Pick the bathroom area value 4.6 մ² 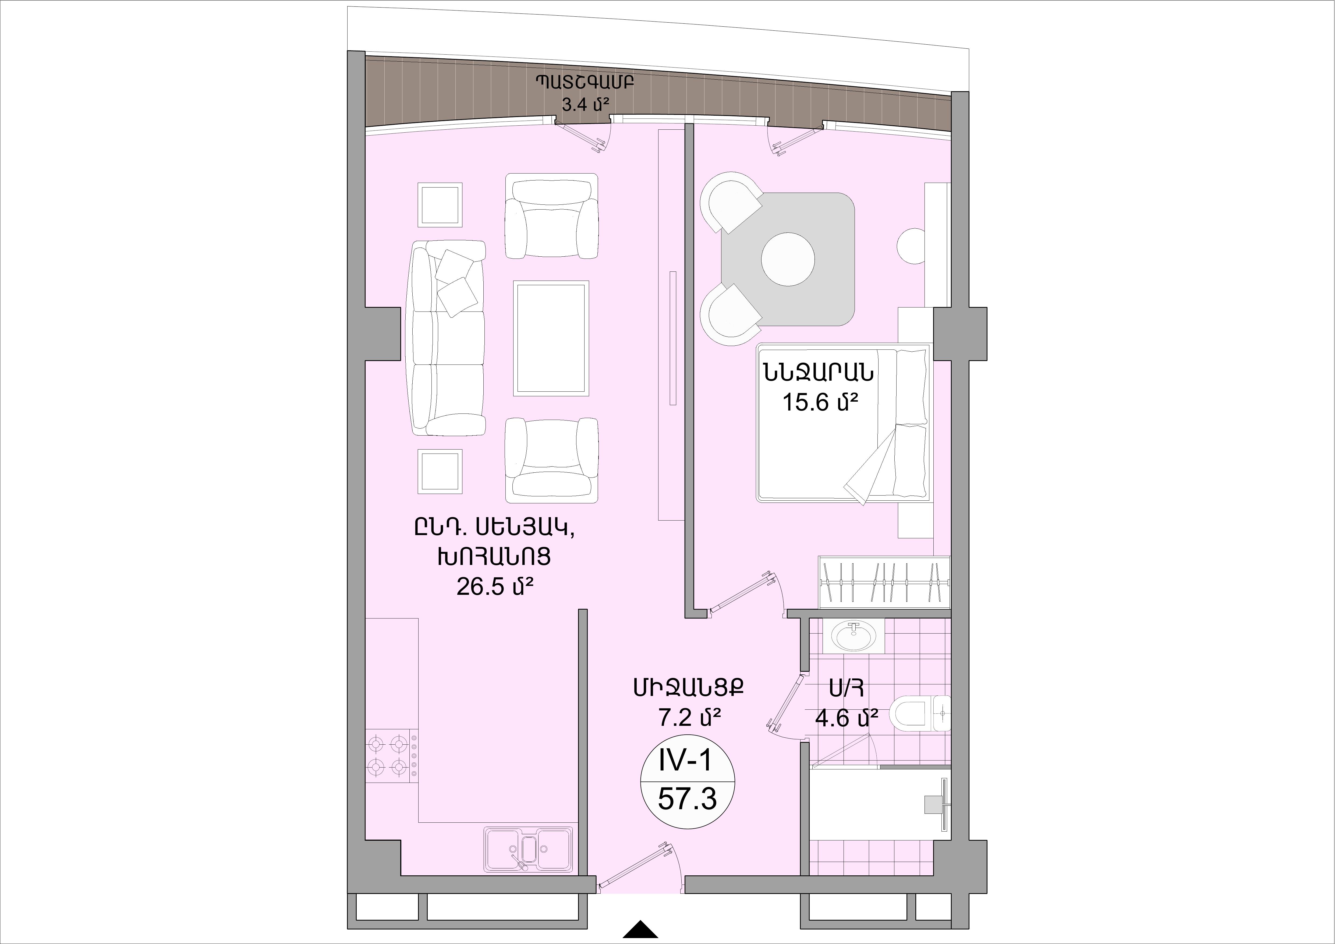click(x=846, y=719)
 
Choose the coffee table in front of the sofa click(x=551, y=338)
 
